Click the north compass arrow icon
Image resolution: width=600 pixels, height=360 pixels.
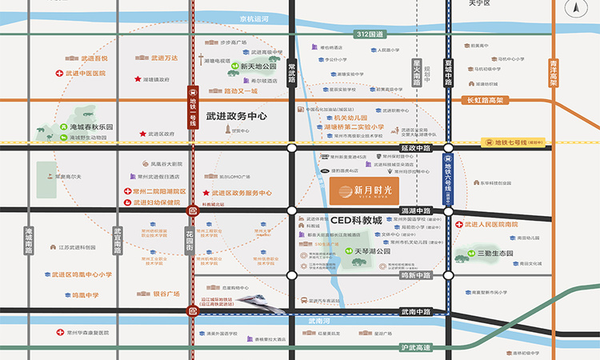[x=577, y=10]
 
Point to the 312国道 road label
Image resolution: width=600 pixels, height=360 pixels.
[x=371, y=34]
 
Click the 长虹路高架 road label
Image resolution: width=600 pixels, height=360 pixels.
[x=486, y=100]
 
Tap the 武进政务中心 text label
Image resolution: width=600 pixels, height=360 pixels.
[x=236, y=117]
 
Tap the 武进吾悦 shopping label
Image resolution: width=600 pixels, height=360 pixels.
[x=94, y=58]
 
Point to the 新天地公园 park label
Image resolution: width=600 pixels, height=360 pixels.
[x=258, y=66]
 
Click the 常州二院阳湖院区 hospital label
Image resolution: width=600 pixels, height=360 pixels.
[x=159, y=192]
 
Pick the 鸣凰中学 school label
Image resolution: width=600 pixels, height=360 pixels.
[x=85, y=294]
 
